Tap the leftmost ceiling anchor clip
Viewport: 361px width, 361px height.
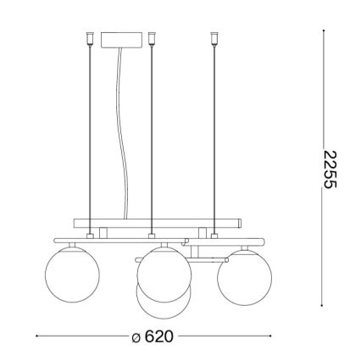(x=89, y=37)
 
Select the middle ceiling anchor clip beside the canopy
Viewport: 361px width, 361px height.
(x=152, y=37)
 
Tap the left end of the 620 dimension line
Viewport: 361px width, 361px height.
(x=38, y=337)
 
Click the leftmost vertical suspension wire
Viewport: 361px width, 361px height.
(x=89, y=136)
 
